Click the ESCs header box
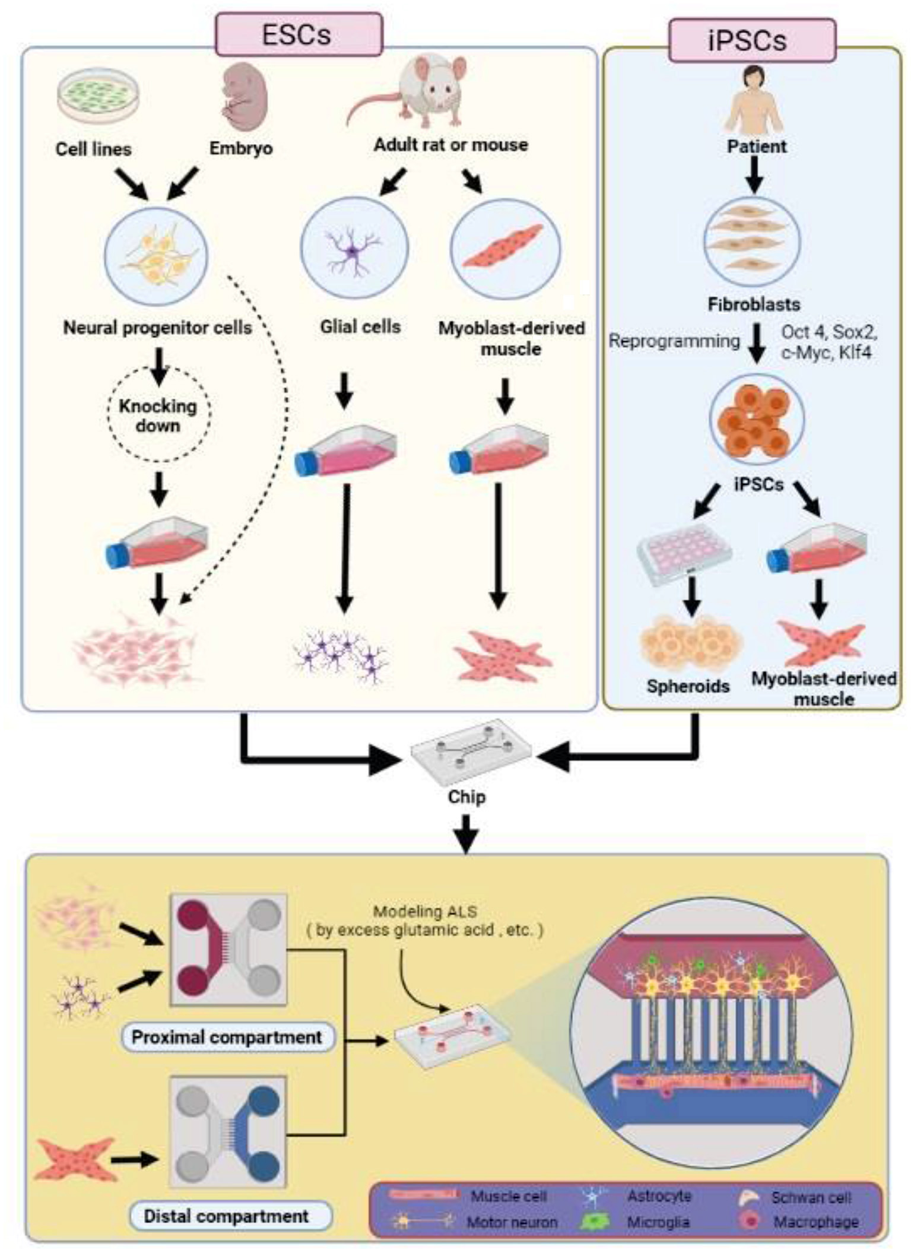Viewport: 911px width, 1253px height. point(299,35)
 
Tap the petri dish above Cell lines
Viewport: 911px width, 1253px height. point(98,96)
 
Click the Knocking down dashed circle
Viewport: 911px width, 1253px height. point(158,415)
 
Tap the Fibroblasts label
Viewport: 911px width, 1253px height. point(754,304)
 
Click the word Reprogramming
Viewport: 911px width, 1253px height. point(674,341)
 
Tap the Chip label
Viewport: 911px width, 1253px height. point(466,797)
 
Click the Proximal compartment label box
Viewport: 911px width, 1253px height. point(227,1037)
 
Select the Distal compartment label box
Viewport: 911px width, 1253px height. point(227,1216)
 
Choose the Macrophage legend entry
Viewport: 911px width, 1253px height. point(815,1222)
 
